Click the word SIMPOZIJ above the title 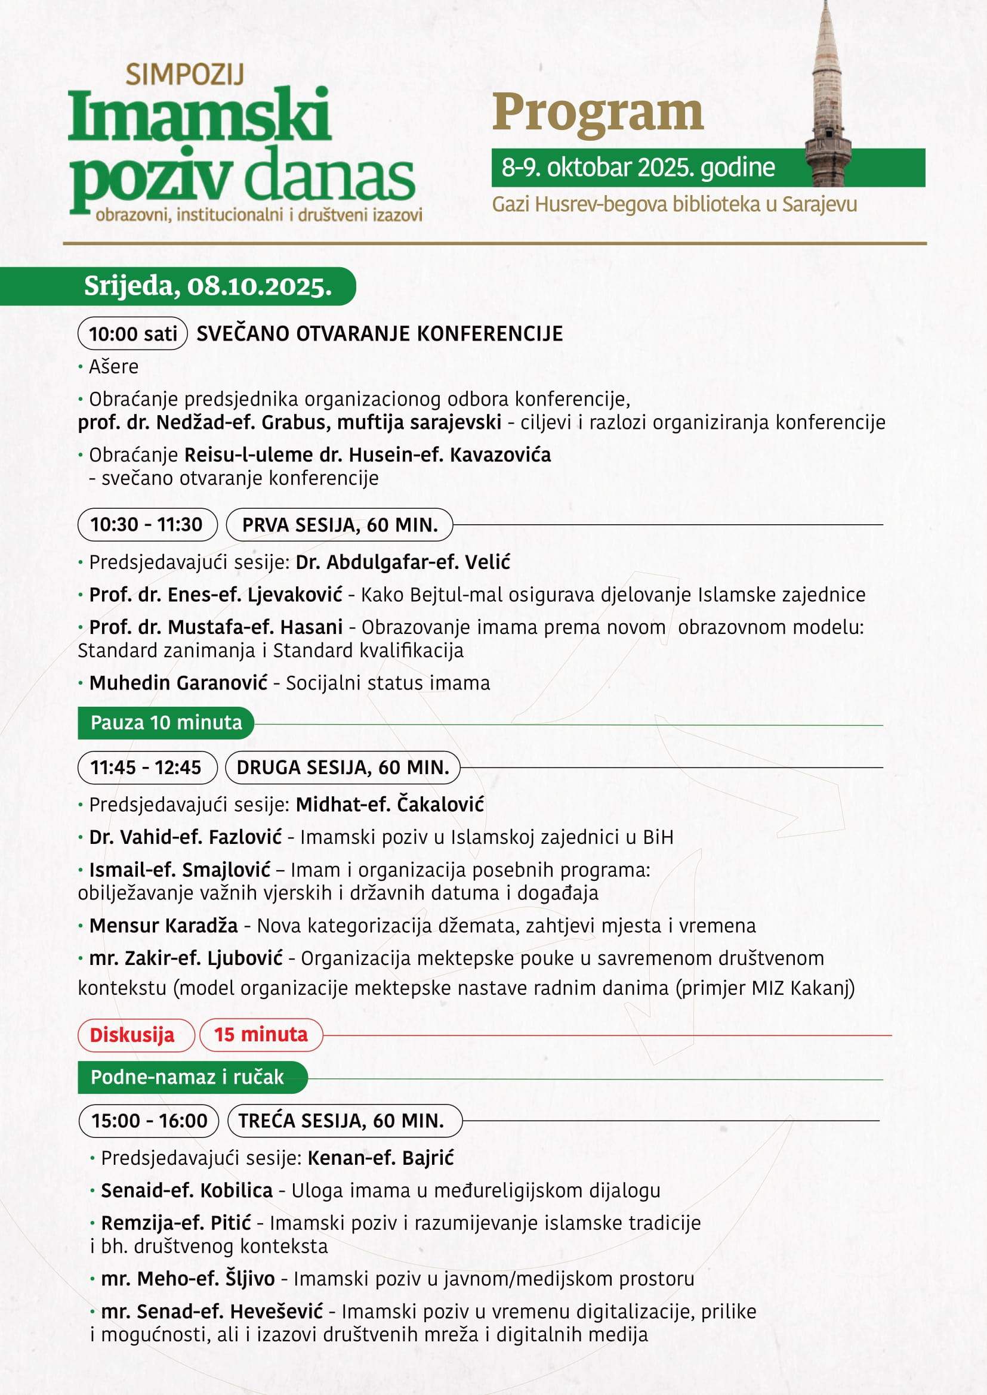tap(185, 75)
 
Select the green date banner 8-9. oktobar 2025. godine tap(638, 168)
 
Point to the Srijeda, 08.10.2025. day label tap(208, 286)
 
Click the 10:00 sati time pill tap(132, 333)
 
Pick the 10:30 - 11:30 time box tap(146, 524)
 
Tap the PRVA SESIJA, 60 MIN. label tap(340, 525)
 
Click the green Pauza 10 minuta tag tap(166, 722)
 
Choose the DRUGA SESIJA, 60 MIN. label tap(343, 768)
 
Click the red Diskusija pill tap(132, 1035)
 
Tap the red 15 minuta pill tap(261, 1034)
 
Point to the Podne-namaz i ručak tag tap(187, 1077)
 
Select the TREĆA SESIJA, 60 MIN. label tap(341, 1121)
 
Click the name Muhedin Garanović tap(178, 683)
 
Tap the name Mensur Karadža tap(164, 926)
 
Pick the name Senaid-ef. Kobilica tap(187, 1190)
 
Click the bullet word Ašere tap(113, 366)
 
